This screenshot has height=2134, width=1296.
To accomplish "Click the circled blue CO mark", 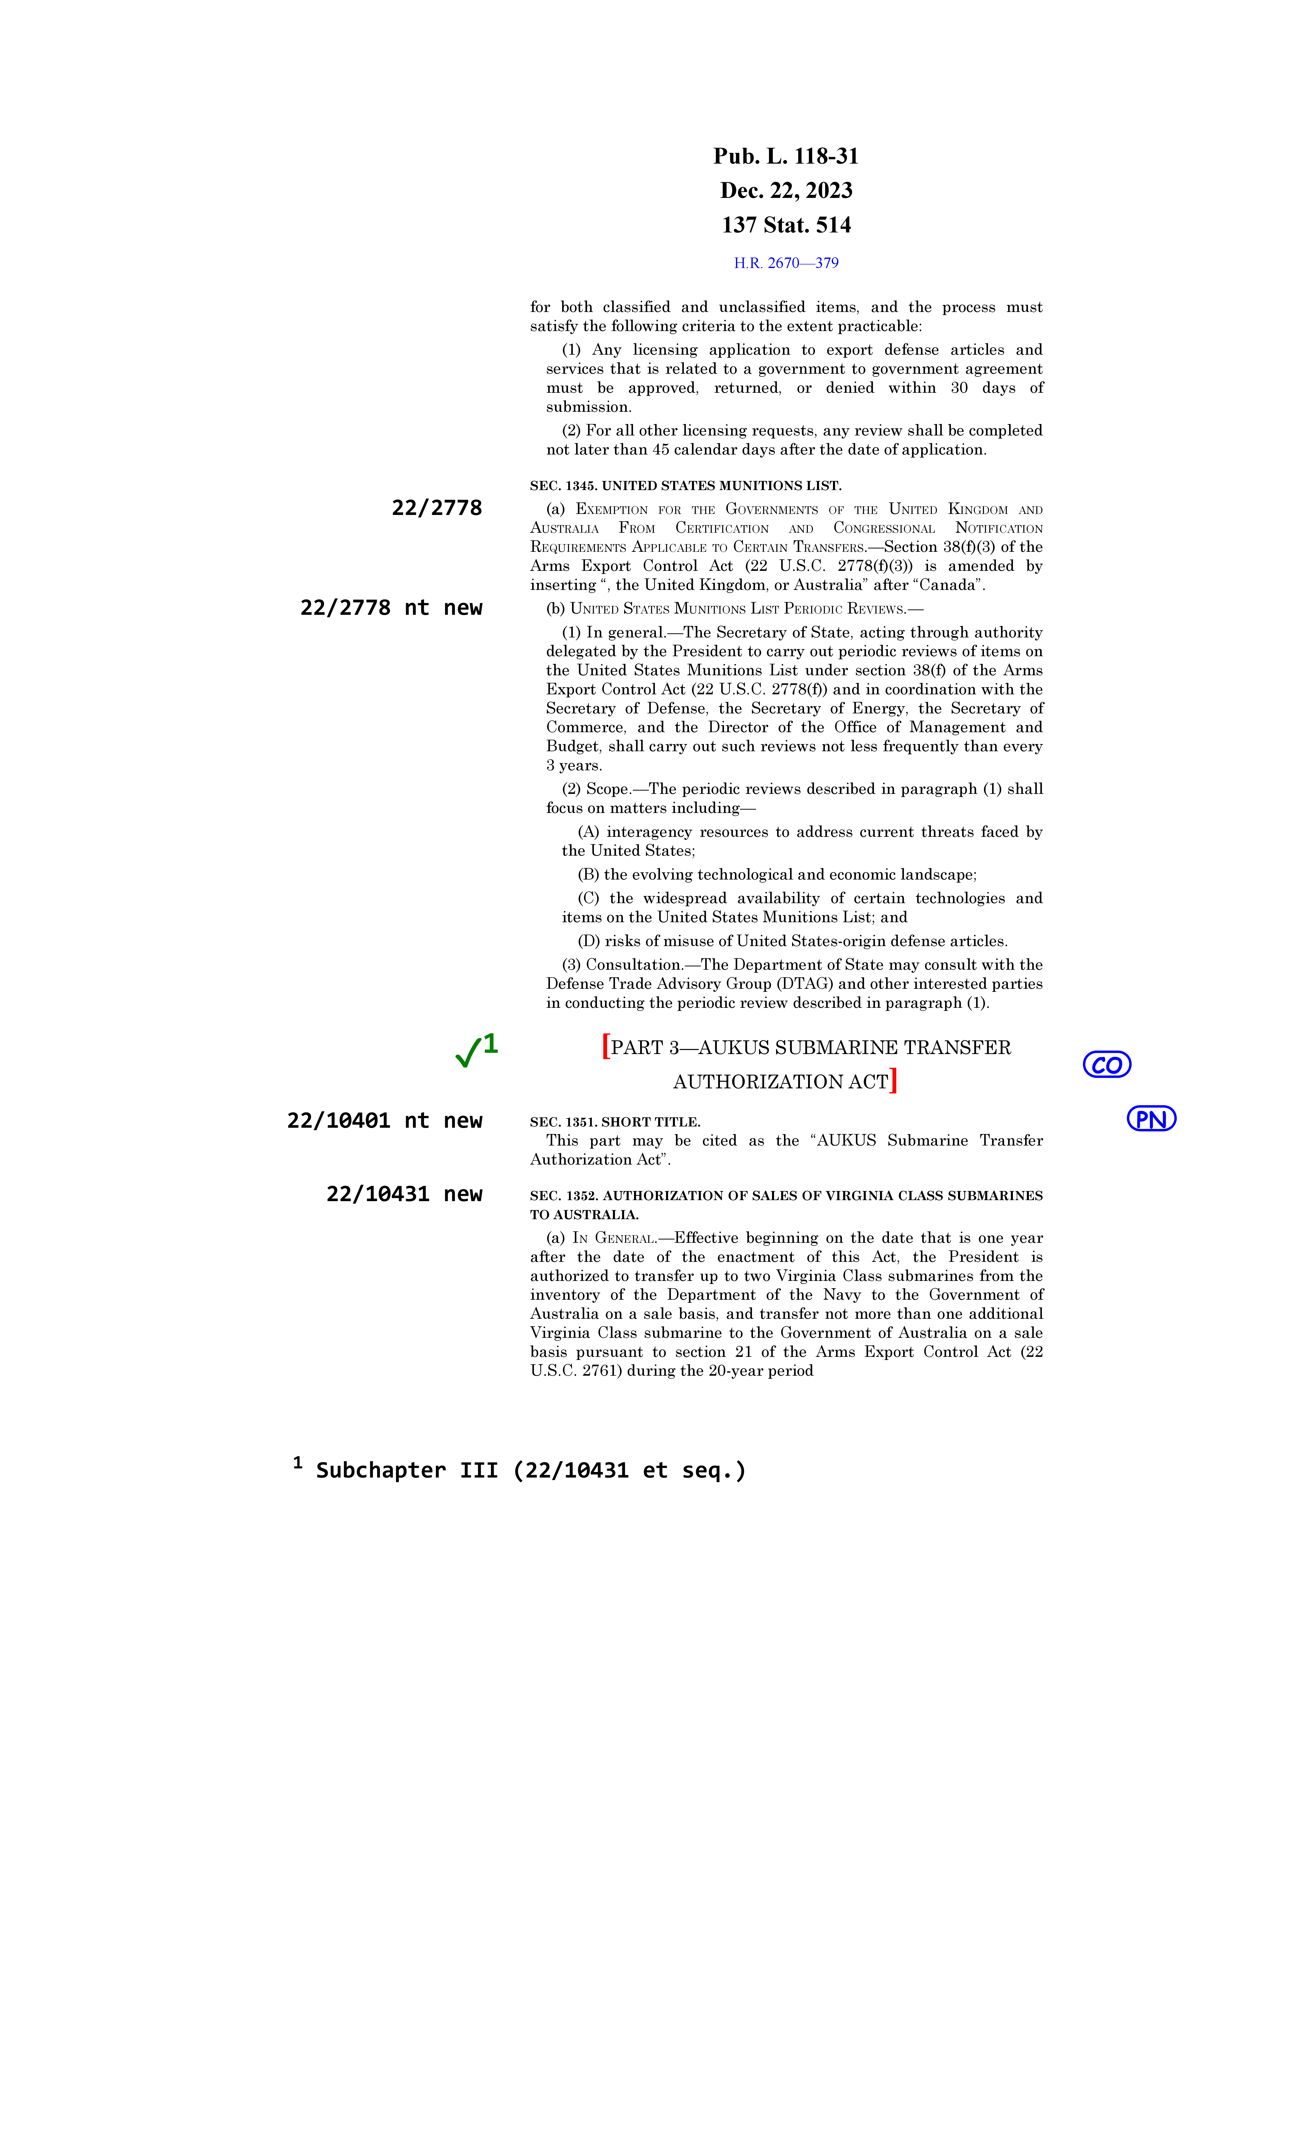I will click(1106, 1064).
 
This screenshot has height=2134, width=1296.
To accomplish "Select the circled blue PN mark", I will click(1150, 1119).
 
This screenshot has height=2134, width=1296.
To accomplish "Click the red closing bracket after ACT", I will click(893, 1081).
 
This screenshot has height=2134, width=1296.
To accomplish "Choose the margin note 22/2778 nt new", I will click(391, 608).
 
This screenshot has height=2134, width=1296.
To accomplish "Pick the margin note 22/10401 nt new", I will click(384, 1121).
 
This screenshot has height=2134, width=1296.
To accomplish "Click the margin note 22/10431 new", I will click(404, 1194).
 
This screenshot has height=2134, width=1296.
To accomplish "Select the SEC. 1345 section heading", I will click(685, 486).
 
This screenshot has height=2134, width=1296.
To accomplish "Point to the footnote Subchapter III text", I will click(530, 1471).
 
